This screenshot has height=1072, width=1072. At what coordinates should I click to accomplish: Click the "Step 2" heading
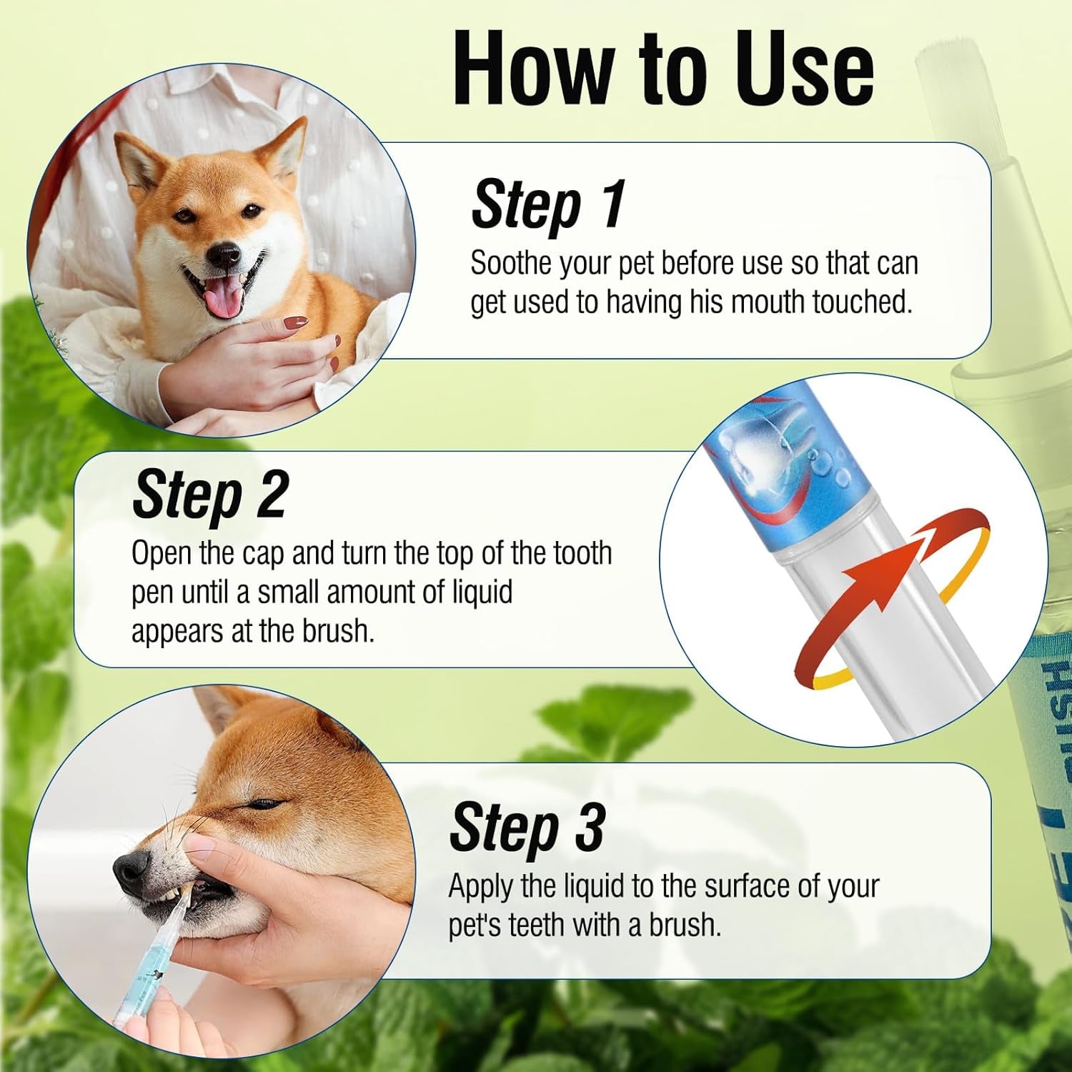[x=210, y=495]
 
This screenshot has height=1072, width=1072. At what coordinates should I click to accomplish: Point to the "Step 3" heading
[x=527, y=828]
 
